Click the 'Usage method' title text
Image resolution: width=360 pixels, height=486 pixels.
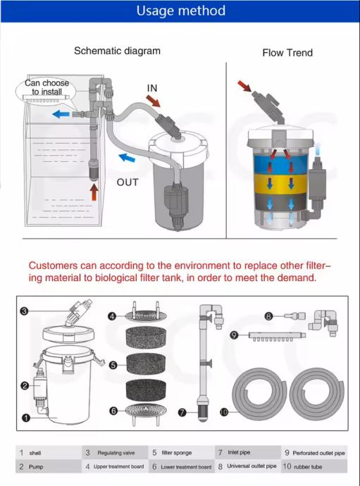(181, 11)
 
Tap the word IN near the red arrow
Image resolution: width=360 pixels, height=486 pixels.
(152, 88)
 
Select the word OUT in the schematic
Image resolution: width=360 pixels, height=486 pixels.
(127, 182)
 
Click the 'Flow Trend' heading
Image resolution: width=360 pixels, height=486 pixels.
(287, 53)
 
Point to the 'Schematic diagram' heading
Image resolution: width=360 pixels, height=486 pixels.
(117, 51)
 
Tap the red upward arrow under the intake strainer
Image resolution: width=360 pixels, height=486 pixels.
(94, 192)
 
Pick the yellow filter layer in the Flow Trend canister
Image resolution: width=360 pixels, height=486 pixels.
(280, 184)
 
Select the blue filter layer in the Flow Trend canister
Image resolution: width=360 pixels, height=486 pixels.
(280, 164)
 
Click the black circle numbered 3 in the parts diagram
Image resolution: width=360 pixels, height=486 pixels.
(24, 311)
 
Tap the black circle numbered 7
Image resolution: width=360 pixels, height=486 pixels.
(182, 412)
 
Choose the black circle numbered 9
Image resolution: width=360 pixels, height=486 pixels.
(235, 335)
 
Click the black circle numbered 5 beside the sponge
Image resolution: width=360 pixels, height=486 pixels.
(113, 365)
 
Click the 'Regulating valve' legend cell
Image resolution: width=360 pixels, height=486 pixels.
(115, 453)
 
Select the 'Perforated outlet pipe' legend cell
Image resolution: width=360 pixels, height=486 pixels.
(314, 453)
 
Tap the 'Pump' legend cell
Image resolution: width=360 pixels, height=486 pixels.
(49, 466)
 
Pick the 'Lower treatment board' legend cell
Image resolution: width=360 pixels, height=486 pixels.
(181, 466)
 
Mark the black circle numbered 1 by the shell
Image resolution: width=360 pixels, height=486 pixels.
(26, 418)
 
